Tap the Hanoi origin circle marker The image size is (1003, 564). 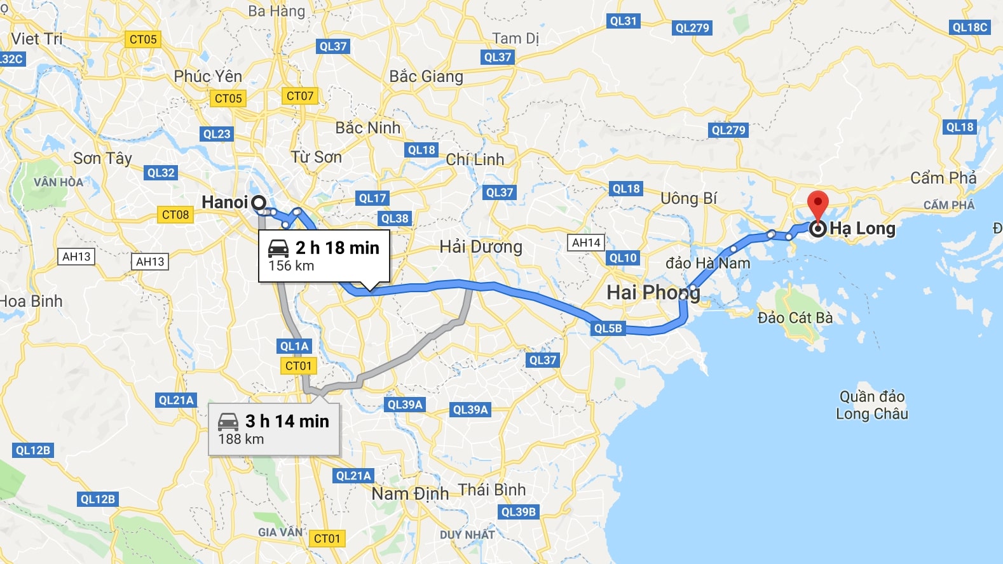coord(259,203)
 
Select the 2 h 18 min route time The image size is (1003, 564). coord(337,248)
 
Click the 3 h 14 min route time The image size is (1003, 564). coord(287,421)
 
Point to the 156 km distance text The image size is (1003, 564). coord(291,266)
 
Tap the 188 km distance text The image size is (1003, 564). coord(241,440)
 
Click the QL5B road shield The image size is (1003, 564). coord(608,328)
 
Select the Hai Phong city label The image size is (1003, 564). coord(653,292)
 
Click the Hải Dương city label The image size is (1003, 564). coord(481,246)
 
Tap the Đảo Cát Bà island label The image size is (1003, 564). coord(795,318)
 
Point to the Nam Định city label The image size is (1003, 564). coord(410,493)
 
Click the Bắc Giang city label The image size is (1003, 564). coord(426,77)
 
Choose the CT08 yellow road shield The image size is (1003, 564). coord(175,215)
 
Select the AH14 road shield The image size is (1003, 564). coord(586,243)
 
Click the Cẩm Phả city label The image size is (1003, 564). coord(943,178)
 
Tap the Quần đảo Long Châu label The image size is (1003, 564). coord(872,405)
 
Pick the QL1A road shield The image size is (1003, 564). coord(294,346)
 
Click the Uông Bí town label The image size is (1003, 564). coord(688,199)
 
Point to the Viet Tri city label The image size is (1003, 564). coord(37,39)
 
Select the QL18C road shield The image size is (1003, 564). coord(970,27)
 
